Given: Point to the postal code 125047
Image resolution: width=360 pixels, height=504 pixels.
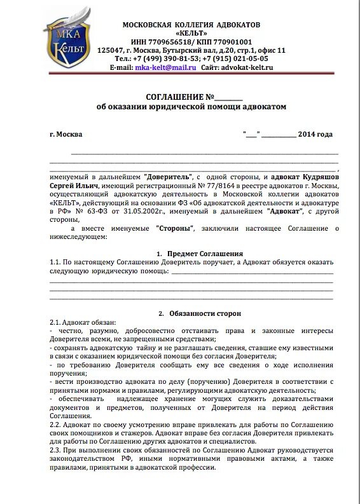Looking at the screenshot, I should pyautogui.click(x=110, y=50).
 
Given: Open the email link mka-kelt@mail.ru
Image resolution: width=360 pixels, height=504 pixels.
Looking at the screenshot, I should pyautogui.click(x=165, y=67).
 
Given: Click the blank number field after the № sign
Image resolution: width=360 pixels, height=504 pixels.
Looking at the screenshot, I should pyautogui.click(x=229, y=98).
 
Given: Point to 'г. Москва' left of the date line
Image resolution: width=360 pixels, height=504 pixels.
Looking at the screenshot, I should pyautogui.click(x=66, y=135).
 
